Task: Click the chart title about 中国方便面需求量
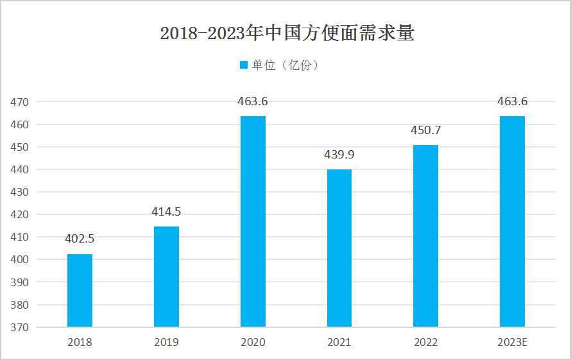(x=287, y=33)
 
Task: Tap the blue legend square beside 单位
(x=243, y=65)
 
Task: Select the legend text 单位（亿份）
(x=285, y=65)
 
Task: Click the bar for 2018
(x=80, y=290)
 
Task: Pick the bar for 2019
(x=166, y=277)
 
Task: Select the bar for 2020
(x=253, y=221)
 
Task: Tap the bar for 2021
(x=339, y=248)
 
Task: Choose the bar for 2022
(x=425, y=236)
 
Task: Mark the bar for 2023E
(x=512, y=221)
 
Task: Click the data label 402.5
(x=80, y=239)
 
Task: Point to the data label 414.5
(x=166, y=212)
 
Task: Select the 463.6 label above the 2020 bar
(x=253, y=101)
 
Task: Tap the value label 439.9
(x=339, y=155)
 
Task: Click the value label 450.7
(x=425, y=130)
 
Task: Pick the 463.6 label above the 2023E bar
(x=512, y=101)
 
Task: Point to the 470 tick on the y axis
(x=20, y=102)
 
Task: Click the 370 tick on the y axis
(x=20, y=327)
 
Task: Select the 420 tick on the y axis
(x=20, y=215)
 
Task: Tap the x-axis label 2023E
(x=512, y=343)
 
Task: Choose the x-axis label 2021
(x=339, y=343)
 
